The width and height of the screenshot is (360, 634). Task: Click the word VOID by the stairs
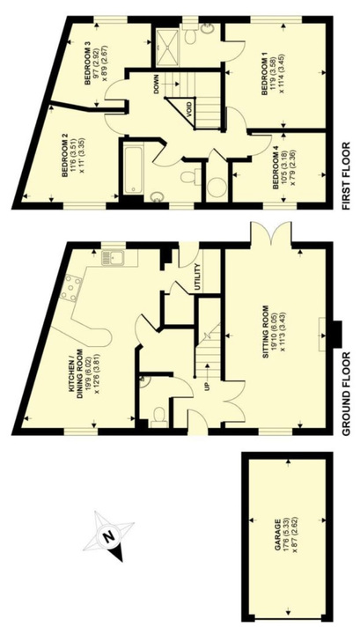point(187,109)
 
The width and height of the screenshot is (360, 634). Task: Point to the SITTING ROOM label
point(266,335)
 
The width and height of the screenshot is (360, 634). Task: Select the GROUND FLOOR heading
point(346,394)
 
